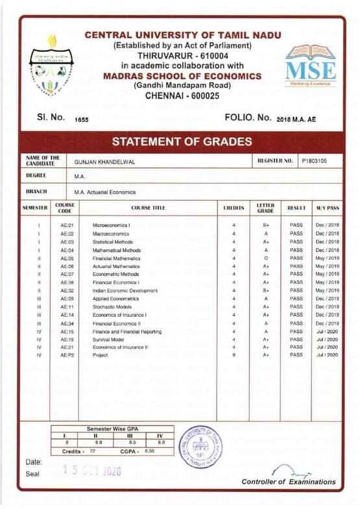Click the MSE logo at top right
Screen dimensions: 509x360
(311, 65)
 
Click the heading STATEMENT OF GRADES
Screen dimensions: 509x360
(182, 142)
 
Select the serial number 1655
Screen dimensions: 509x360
(82, 119)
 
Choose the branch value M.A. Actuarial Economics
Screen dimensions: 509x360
(104, 192)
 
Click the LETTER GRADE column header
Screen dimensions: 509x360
(266, 208)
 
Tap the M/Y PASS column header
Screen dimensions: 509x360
(328, 208)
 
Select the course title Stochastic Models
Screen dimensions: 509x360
(112, 306)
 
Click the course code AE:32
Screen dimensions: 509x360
(67, 290)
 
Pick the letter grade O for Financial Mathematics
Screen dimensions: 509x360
(266, 258)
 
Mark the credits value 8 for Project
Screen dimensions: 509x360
(234, 355)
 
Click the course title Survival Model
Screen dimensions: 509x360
(108, 339)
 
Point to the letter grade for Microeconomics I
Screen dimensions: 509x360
(266, 225)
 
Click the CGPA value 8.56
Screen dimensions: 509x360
(149, 450)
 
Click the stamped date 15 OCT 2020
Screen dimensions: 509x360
(91, 471)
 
